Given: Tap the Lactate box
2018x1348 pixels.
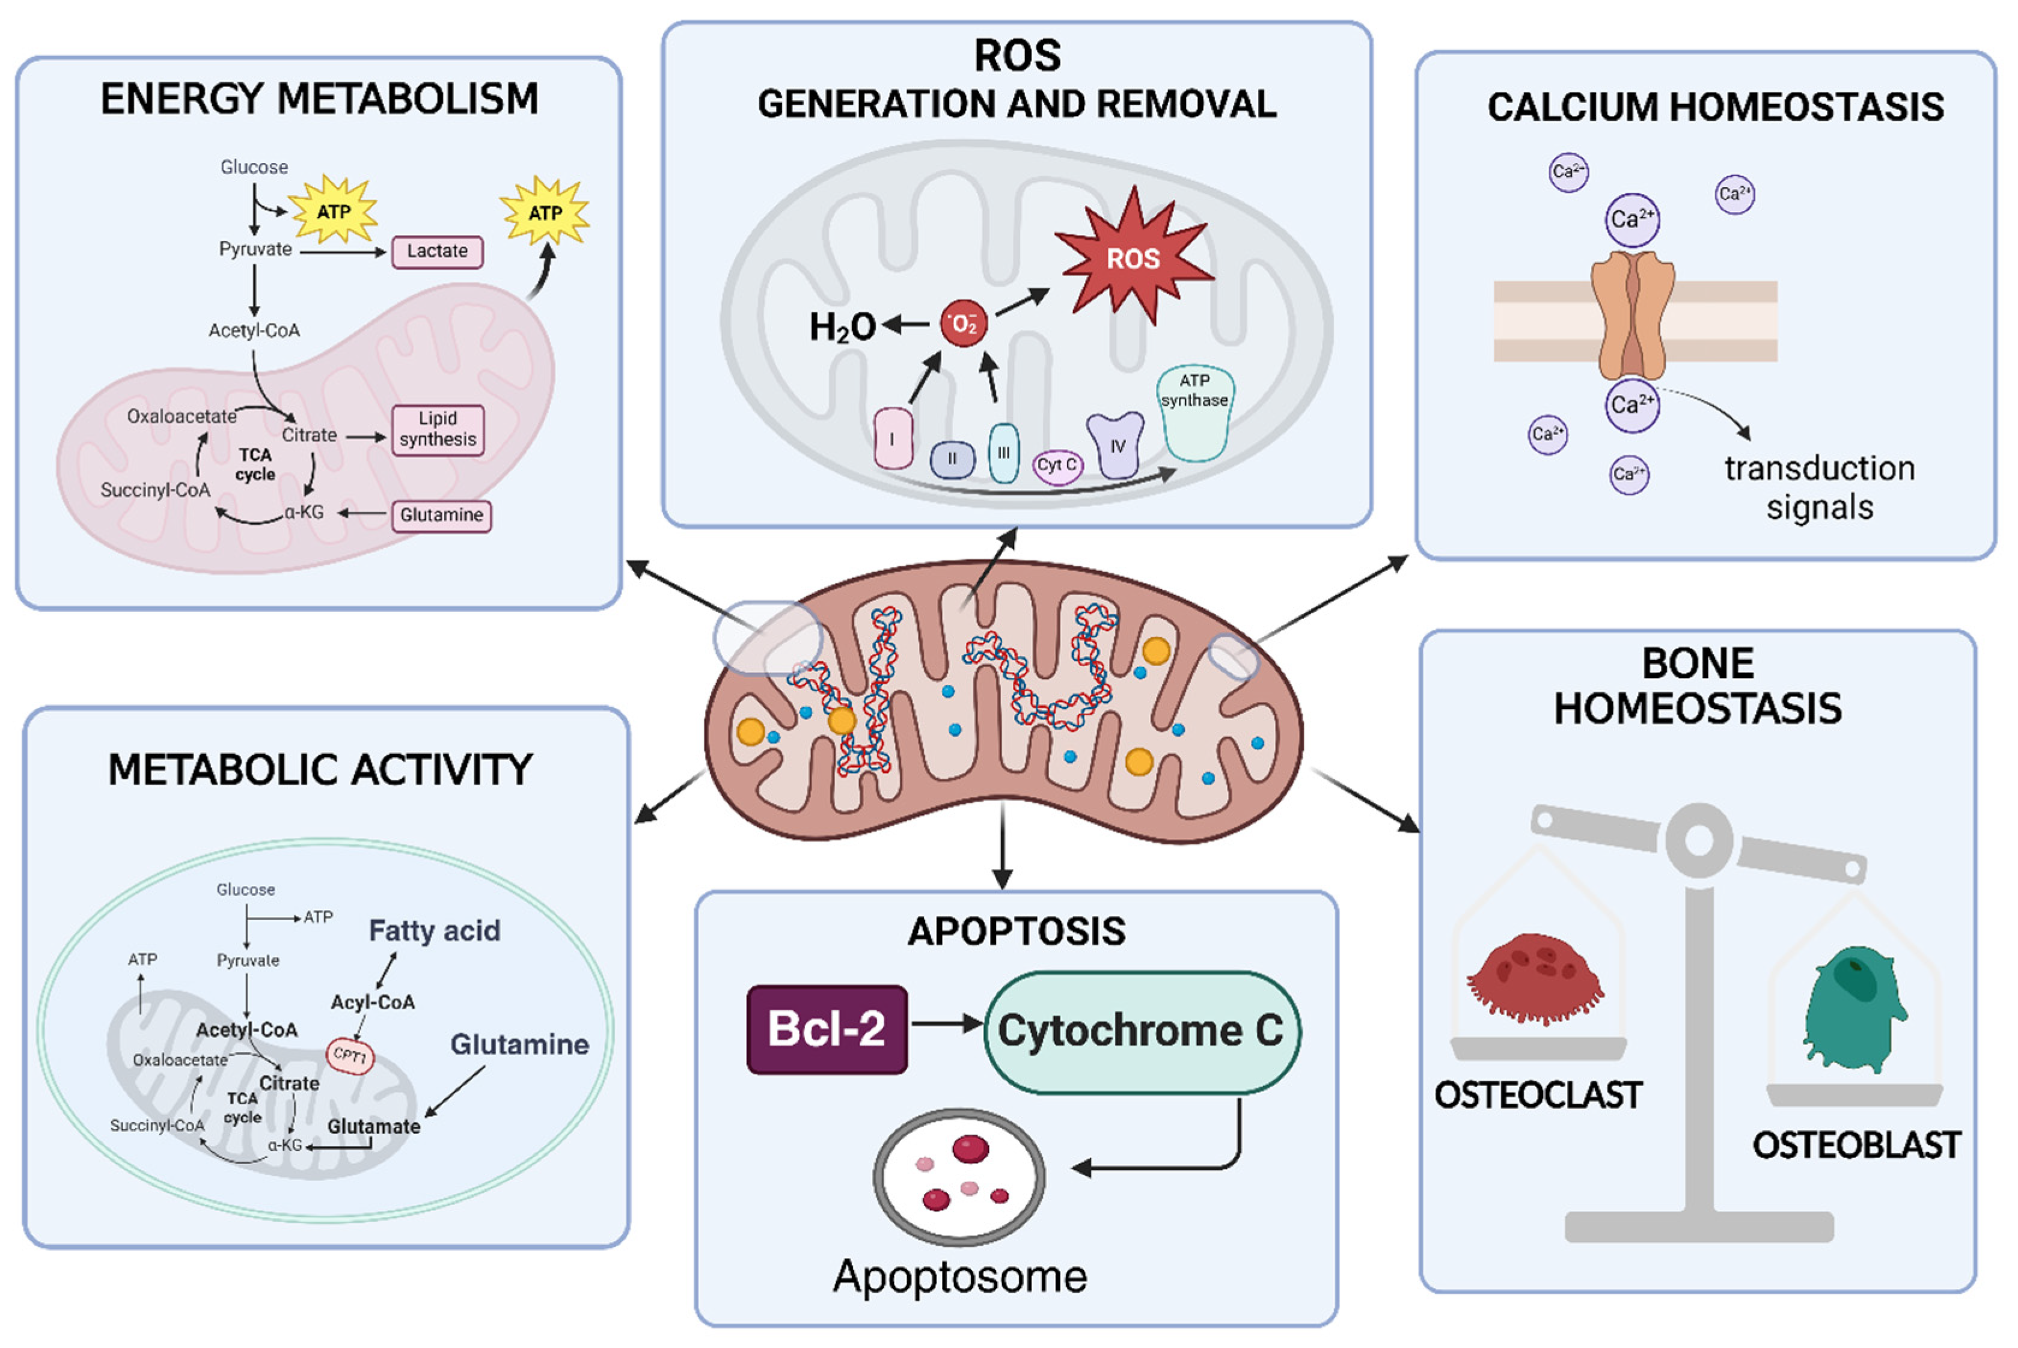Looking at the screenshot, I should tap(437, 252).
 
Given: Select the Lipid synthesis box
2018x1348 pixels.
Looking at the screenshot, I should tap(438, 429).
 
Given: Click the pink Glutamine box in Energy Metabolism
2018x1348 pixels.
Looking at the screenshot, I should tap(441, 515).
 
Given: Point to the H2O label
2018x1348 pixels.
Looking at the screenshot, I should tap(842, 328).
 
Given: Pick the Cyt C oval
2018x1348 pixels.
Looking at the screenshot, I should tap(1057, 466).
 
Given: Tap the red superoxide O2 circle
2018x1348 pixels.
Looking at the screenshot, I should tap(963, 324).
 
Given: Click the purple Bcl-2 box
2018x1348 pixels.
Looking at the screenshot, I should tap(827, 1029).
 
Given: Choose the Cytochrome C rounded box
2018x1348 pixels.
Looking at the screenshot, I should tap(1141, 1031).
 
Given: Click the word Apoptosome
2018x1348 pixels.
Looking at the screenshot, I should tap(959, 1276).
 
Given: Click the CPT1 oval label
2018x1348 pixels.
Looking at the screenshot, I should tap(350, 1055).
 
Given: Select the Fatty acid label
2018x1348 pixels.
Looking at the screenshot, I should tap(434, 930).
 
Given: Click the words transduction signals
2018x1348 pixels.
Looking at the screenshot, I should tap(1820, 487).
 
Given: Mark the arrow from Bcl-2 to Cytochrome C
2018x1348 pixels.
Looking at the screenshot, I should tap(946, 1023).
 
